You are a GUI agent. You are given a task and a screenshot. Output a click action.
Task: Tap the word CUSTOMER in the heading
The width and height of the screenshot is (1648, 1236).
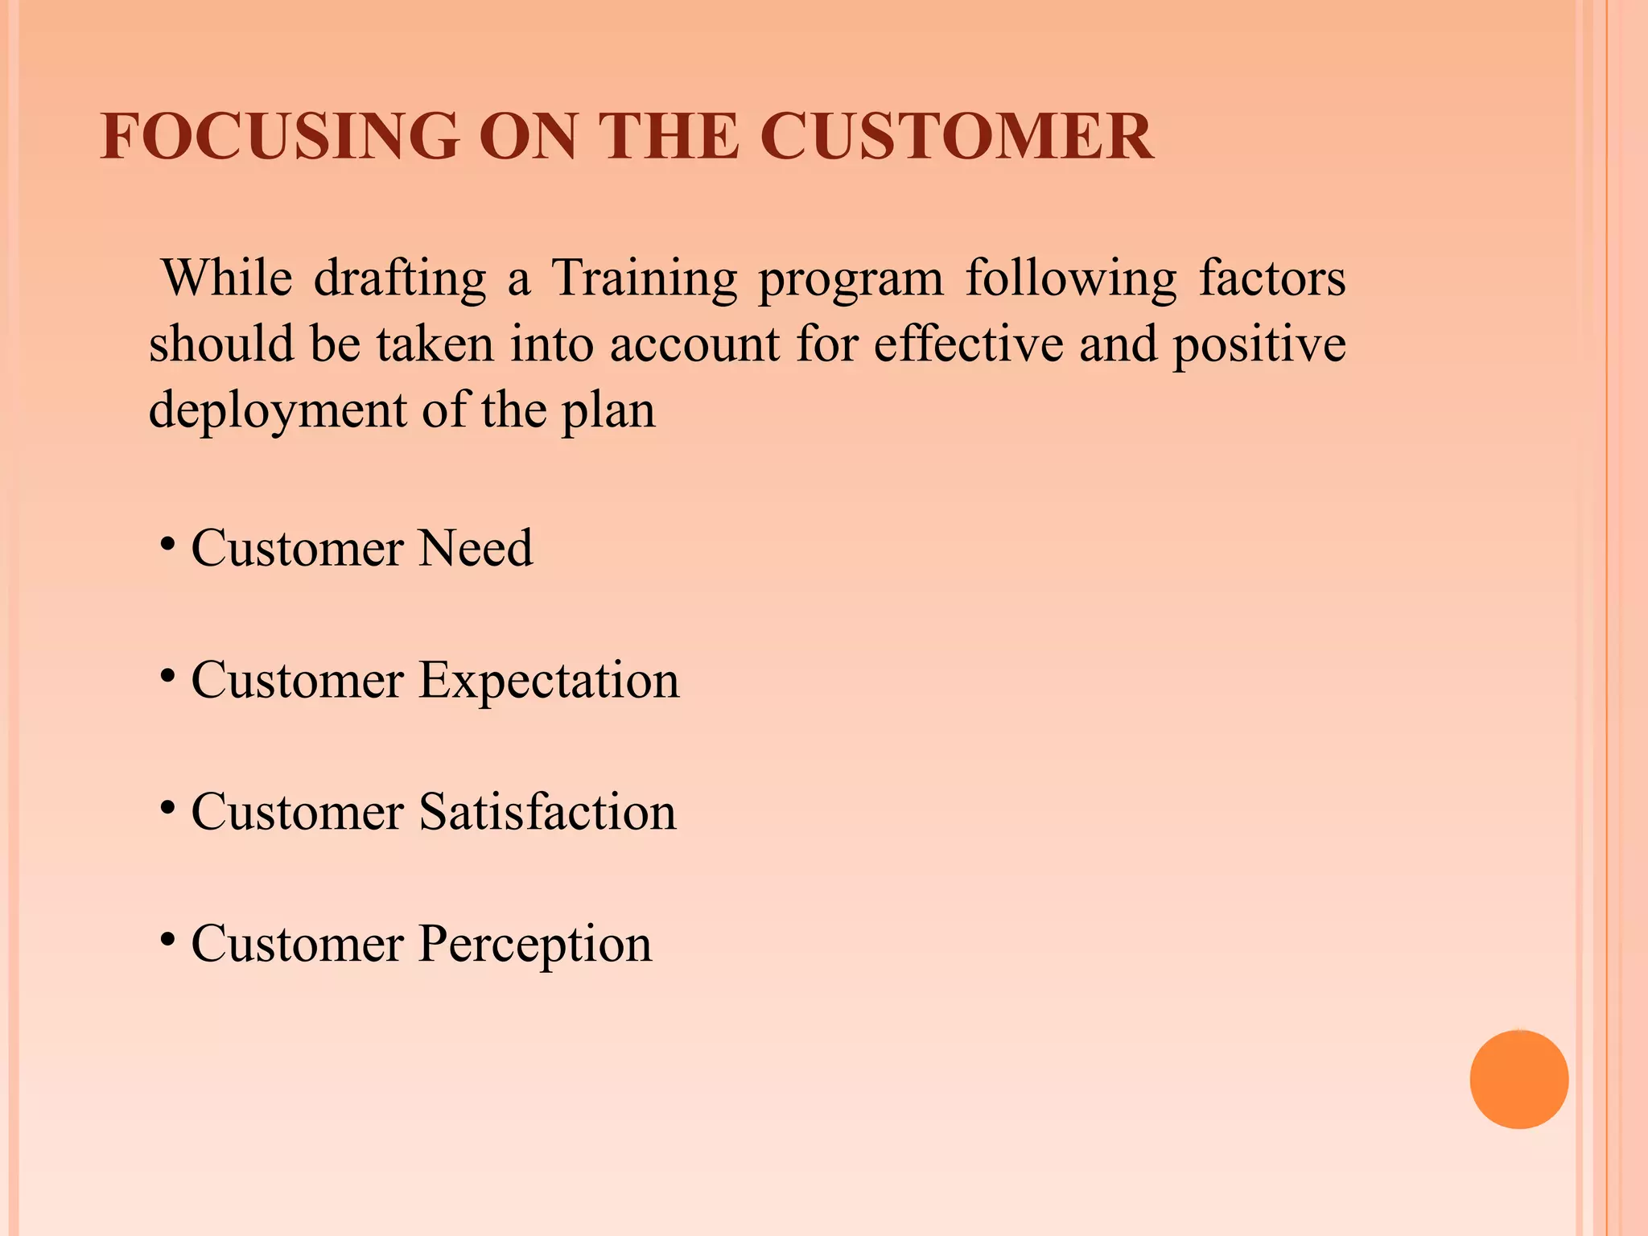point(956,136)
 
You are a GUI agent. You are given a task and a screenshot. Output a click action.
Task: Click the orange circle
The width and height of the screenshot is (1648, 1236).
point(1518,1079)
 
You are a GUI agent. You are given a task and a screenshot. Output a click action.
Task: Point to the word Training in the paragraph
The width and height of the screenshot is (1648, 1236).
point(644,278)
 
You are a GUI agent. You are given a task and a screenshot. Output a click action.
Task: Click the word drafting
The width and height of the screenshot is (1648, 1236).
point(399,278)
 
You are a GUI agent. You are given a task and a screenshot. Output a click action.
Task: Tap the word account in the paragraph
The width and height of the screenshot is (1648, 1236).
point(694,344)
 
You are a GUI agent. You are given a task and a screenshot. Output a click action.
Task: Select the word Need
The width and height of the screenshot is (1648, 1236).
point(476,549)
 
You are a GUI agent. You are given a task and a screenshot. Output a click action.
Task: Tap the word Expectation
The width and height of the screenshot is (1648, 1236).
point(549,681)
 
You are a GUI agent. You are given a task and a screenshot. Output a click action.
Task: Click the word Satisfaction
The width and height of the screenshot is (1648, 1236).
point(547,812)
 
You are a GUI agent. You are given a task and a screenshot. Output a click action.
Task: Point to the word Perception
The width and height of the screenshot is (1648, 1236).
point(534,944)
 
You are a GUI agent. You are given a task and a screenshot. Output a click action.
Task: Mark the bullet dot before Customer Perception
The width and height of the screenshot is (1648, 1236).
point(167,939)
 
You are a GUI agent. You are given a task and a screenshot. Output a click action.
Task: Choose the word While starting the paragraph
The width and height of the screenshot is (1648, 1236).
point(227,278)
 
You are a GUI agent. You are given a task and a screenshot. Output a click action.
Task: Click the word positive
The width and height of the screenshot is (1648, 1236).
point(1259,344)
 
